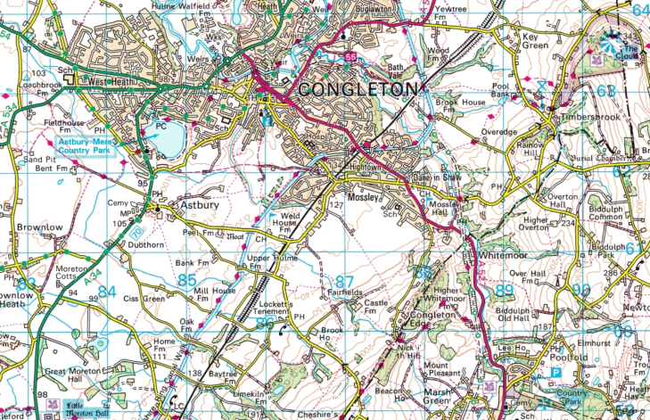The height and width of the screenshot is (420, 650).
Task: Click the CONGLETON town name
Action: pyautogui.click(x=357, y=89)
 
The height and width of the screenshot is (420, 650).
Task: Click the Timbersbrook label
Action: pyautogui.click(x=584, y=117)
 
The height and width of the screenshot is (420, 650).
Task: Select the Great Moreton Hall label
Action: pyautogui.click(x=68, y=377)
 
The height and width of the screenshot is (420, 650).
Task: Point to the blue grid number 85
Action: pyautogui.click(x=186, y=280)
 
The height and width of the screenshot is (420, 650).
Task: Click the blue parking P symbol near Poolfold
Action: pyautogui.click(x=556, y=374)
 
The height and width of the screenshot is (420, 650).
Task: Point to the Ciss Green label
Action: pyautogui.click(x=144, y=298)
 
